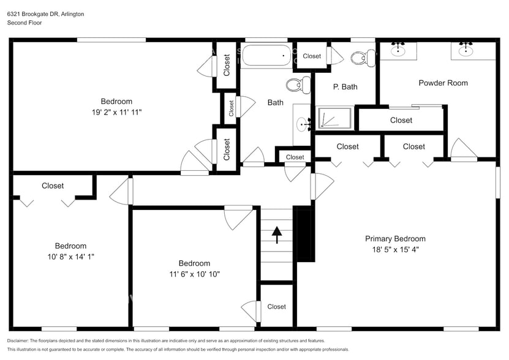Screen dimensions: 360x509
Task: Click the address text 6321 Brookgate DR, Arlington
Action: point(45,13)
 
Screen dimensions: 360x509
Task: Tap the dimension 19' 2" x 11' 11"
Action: point(116,112)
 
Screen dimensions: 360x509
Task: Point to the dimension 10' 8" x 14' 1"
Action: point(70,257)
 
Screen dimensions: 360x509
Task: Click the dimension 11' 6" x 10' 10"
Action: point(194,274)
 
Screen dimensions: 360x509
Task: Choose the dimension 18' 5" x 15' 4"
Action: point(395,249)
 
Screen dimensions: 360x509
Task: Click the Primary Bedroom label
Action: point(395,239)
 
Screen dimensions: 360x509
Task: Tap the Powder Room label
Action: point(443,83)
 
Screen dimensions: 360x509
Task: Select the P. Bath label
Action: point(345,87)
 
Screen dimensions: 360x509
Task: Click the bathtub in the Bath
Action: point(265,56)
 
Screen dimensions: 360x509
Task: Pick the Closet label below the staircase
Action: point(276,307)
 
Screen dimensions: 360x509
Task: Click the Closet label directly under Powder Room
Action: point(401,120)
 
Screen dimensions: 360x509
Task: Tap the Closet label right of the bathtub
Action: point(312,56)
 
